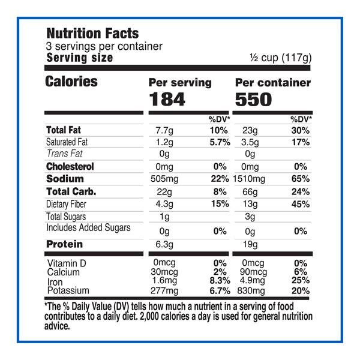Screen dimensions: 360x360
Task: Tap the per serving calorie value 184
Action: (169, 99)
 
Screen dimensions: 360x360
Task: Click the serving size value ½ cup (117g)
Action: (281, 58)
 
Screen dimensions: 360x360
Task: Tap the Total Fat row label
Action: (63, 130)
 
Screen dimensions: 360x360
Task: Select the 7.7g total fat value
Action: (164, 130)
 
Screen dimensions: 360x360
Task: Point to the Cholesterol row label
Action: (70, 166)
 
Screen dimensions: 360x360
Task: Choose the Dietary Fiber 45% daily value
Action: (300, 204)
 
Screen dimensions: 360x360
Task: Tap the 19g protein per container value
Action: (251, 244)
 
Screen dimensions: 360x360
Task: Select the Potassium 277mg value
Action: (167, 291)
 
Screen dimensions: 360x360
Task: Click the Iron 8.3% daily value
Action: (217, 281)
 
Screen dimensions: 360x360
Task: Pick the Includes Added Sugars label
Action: (88, 228)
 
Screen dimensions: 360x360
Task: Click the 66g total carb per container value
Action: (251, 192)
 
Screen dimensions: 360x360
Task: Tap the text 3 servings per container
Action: (104, 46)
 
